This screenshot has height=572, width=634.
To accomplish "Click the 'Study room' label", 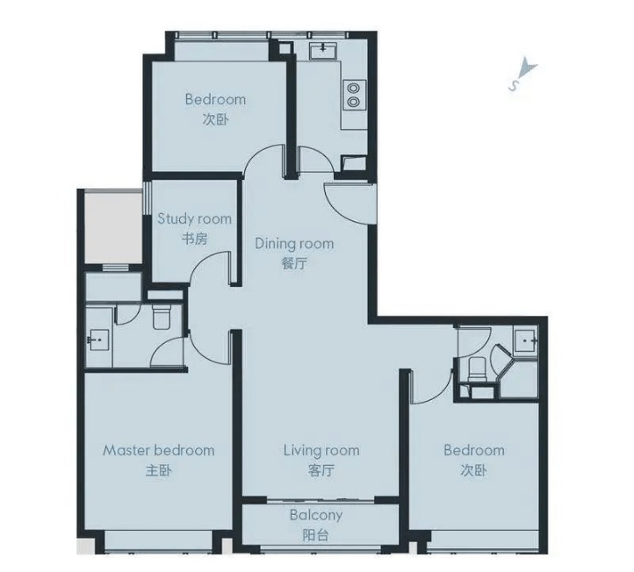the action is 194,218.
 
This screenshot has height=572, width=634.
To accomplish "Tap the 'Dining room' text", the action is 294,244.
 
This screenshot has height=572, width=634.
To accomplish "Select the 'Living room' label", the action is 321,450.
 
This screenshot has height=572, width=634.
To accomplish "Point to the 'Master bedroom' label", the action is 158,450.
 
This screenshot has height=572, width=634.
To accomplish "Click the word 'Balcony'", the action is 316,515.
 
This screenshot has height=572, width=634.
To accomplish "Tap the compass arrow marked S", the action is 523,73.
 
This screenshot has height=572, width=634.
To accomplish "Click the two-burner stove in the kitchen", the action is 354,95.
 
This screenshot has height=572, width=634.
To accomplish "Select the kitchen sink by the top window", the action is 324,51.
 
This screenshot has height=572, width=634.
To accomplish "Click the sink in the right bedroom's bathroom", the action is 526,340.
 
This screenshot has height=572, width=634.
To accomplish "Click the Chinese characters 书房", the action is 194,239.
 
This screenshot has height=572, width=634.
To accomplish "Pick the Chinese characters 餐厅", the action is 294,263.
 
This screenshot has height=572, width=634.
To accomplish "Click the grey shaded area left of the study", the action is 113,227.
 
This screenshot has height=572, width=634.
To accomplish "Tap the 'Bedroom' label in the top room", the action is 215,99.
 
